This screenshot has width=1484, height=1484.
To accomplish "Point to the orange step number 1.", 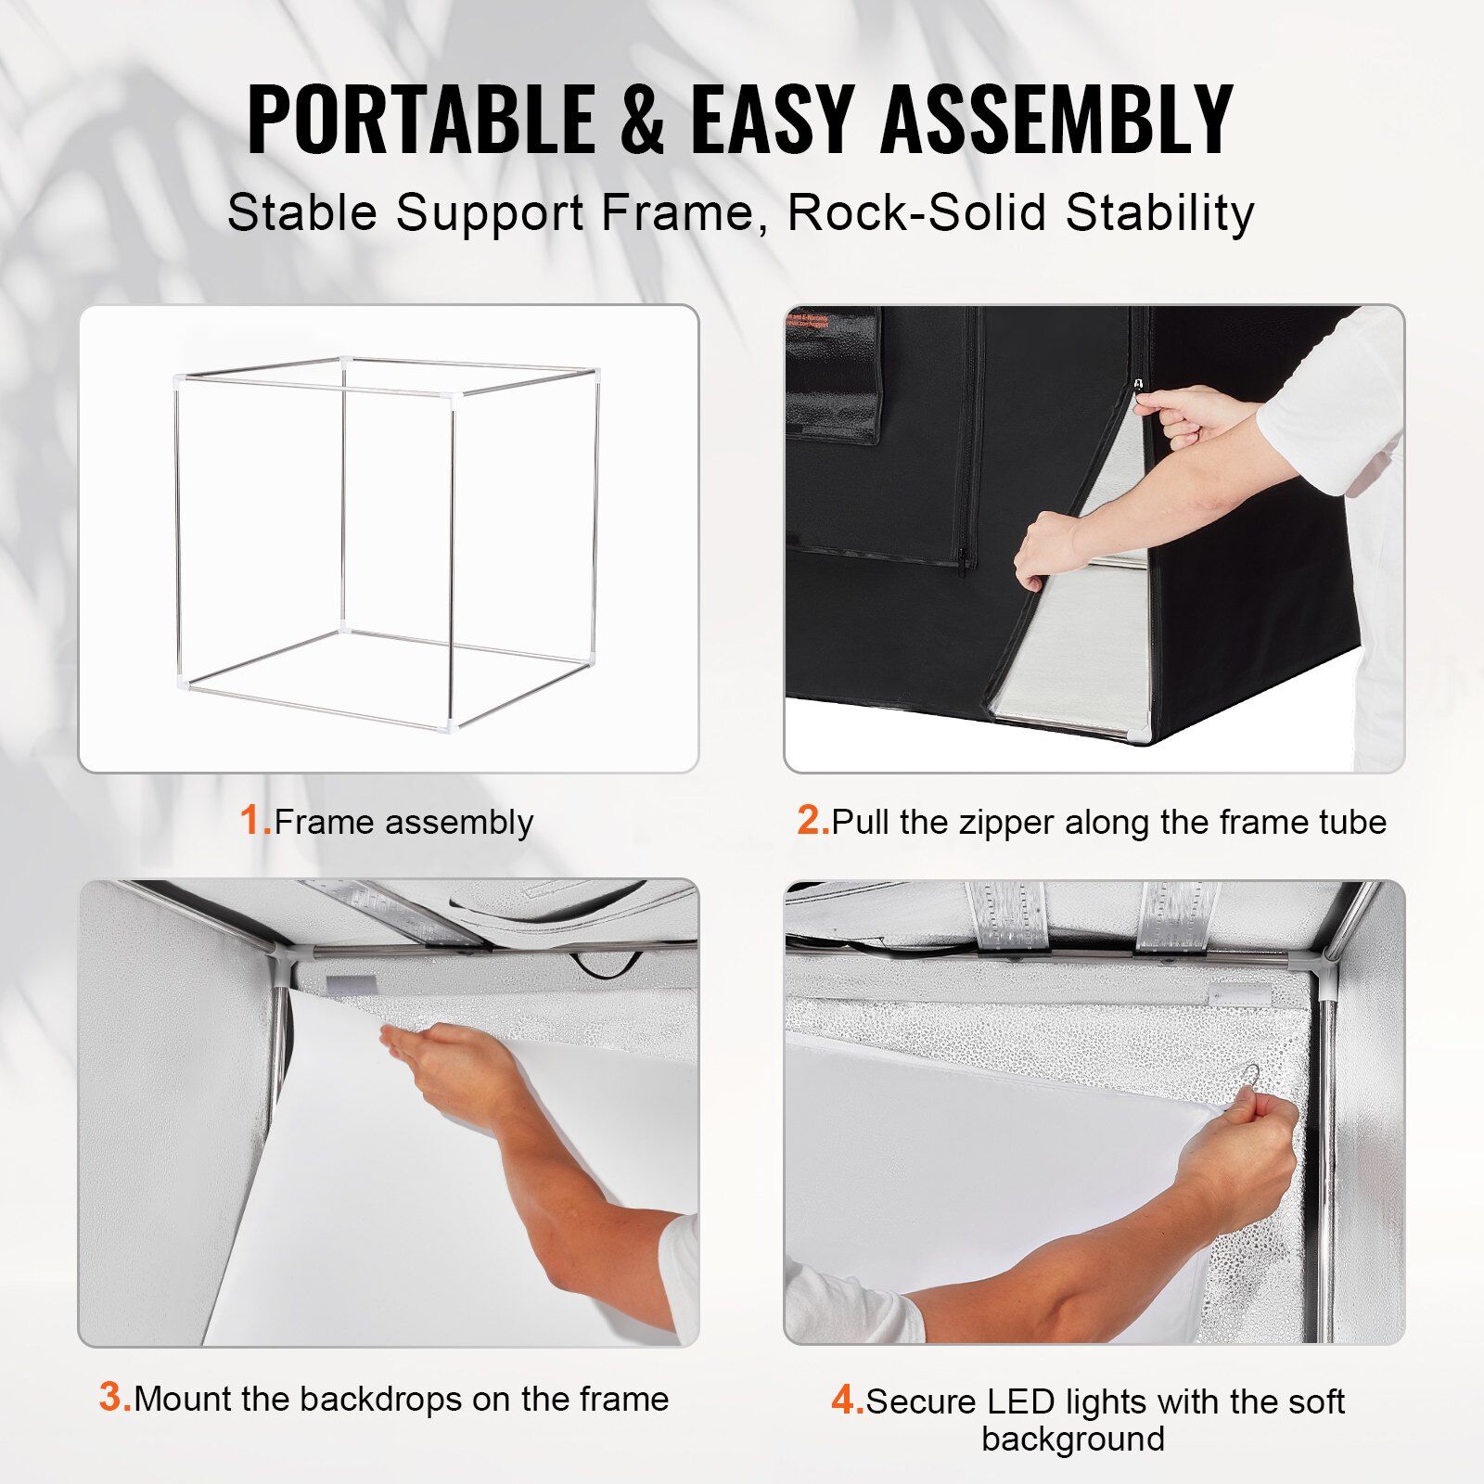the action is [x=253, y=821].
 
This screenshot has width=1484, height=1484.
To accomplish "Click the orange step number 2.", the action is [x=812, y=821].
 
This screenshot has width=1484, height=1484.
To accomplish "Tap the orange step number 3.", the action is [x=115, y=1397].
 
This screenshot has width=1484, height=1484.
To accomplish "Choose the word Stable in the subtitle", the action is [x=302, y=212].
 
